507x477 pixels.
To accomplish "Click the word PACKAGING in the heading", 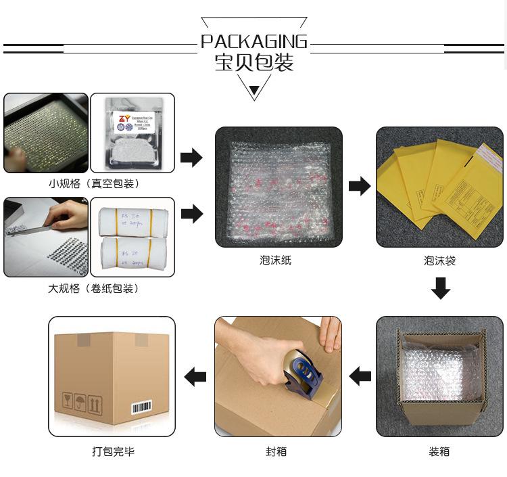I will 254,42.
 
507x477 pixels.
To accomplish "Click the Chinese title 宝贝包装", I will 254,63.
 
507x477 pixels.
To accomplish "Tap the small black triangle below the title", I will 254,91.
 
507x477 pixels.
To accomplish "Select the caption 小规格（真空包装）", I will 94,183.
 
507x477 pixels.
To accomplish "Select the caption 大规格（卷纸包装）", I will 94,288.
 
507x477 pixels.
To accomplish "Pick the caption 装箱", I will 439,451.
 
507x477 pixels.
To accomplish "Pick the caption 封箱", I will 276,451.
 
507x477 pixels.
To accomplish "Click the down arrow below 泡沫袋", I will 441,289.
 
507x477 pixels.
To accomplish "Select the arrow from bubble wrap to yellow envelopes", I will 360,186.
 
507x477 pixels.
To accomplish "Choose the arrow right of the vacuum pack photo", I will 192,158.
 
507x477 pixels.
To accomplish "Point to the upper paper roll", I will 132,219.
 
